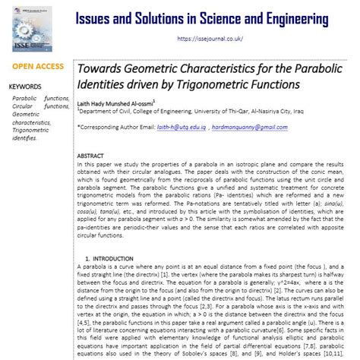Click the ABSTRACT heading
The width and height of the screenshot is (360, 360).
92,156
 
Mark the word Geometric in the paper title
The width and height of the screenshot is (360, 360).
162,68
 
